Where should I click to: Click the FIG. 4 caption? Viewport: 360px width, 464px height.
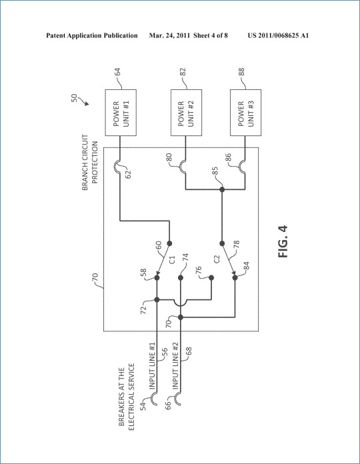click(x=283, y=241)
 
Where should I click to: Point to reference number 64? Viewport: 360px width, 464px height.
click(x=117, y=72)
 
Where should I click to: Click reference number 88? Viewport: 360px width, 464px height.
click(x=241, y=72)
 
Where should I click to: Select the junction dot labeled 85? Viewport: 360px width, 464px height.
click(x=222, y=189)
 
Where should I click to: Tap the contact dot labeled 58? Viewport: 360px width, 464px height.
click(x=157, y=278)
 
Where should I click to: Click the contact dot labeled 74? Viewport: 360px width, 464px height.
click(x=181, y=278)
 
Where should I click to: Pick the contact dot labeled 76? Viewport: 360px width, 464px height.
click(x=211, y=278)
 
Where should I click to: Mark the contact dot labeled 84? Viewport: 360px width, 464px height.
click(x=235, y=278)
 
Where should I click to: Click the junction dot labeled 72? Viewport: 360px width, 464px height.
click(x=157, y=300)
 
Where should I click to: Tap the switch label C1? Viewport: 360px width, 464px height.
click(x=173, y=259)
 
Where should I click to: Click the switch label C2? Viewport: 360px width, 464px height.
click(x=217, y=259)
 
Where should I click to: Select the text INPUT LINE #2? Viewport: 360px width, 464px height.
click(x=175, y=366)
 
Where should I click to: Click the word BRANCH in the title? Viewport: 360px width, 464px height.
click(x=85, y=180)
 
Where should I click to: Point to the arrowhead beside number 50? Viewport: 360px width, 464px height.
click(x=87, y=103)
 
